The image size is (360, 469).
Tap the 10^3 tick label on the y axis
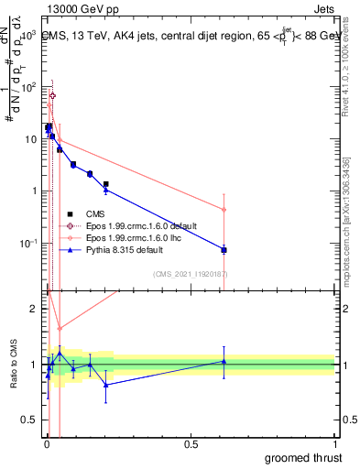27,34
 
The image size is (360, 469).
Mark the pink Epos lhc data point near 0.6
224,210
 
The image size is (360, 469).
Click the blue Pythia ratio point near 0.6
224,361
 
